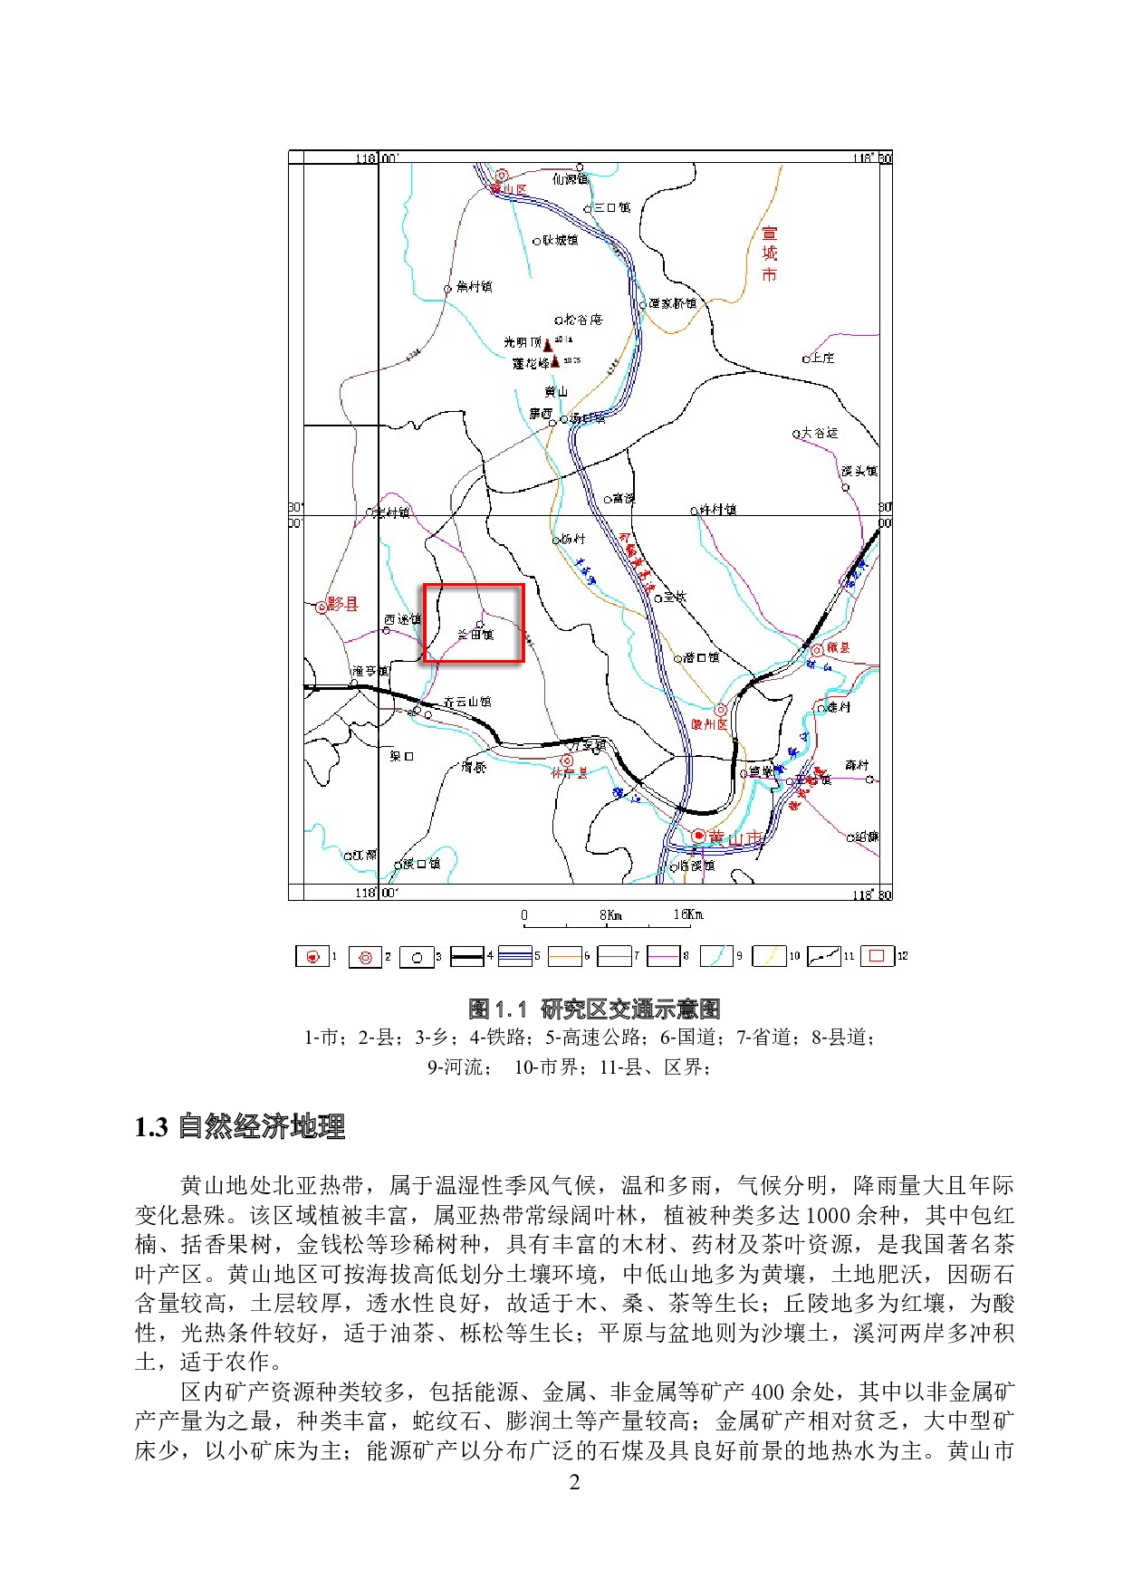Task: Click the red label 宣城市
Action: point(769,254)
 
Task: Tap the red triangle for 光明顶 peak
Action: point(548,344)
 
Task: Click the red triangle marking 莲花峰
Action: point(555,361)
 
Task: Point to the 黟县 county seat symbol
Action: point(321,607)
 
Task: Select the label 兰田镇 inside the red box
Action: point(475,635)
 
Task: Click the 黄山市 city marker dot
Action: point(698,836)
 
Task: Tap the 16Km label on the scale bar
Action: point(687,914)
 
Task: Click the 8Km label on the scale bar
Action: point(610,914)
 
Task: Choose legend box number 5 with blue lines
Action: point(514,956)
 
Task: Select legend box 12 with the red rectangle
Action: point(877,956)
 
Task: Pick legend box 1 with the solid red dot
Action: point(312,956)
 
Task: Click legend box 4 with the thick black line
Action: point(467,956)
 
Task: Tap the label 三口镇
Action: point(611,207)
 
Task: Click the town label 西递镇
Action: point(402,619)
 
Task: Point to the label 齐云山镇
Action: point(467,702)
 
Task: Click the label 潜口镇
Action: point(701,657)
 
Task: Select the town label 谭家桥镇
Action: point(672,303)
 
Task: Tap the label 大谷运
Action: point(820,433)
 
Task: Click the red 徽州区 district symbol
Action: point(721,711)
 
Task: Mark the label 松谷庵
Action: point(582,320)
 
